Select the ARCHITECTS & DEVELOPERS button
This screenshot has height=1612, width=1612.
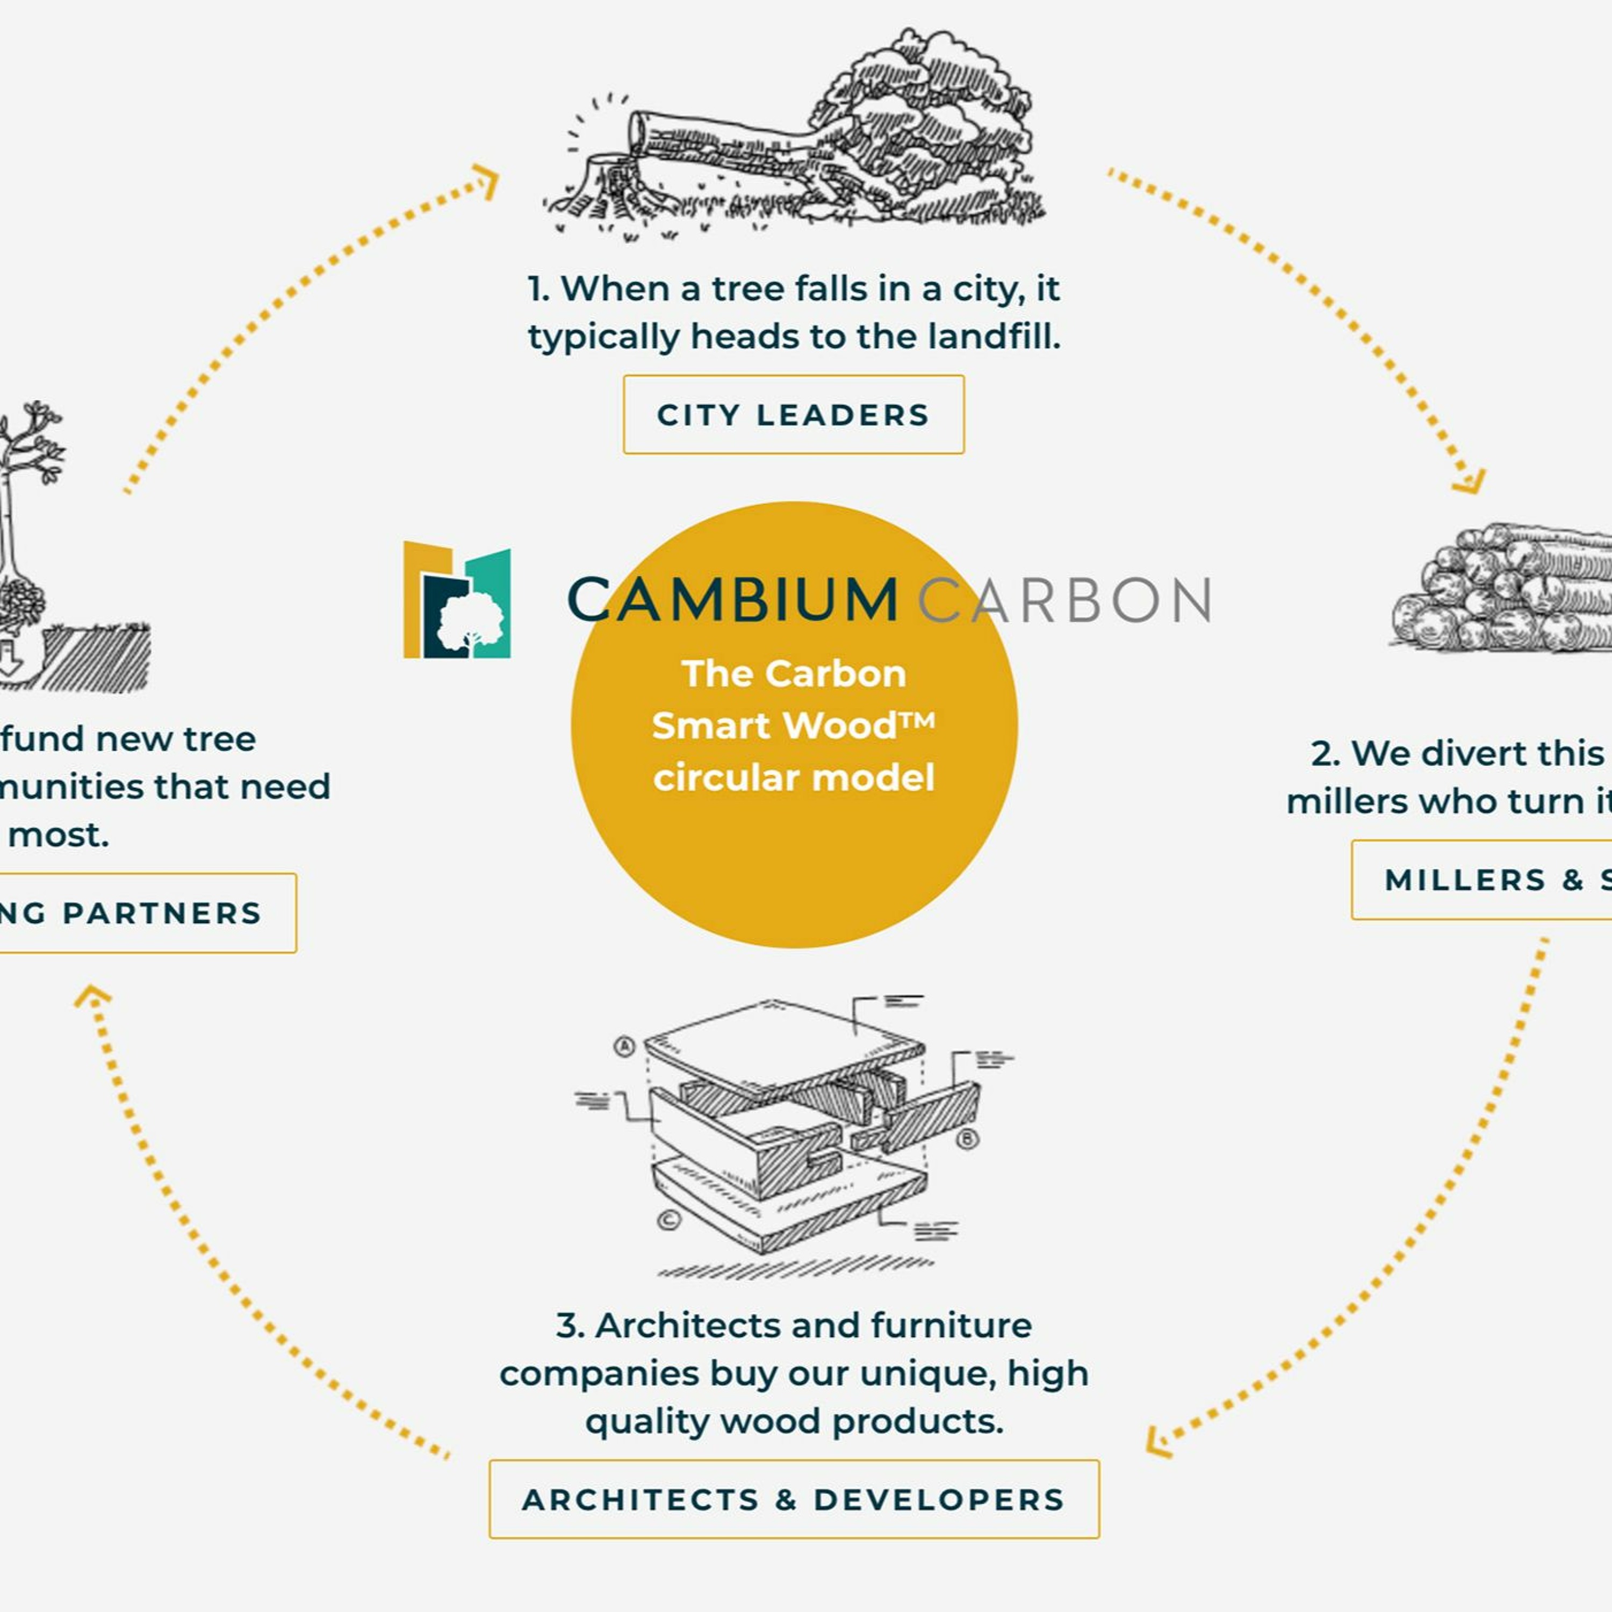coord(794,1499)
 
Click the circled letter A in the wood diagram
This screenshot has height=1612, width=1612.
coord(624,1046)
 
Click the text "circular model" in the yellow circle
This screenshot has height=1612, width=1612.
coord(794,778)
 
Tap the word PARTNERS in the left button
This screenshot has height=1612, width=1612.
coord(163,913)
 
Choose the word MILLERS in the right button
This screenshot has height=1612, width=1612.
coord(1464,880)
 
